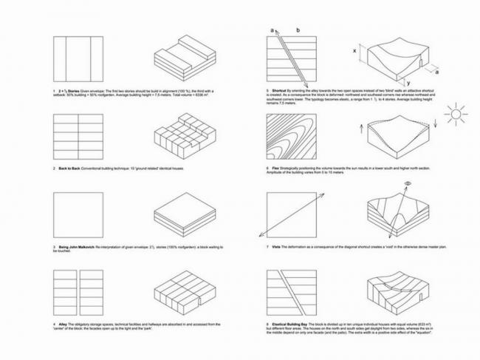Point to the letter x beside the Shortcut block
pos(356,50)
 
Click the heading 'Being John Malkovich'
pos(79,245)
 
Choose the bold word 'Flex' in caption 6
pos(276,169)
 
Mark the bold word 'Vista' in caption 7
pos(277,245)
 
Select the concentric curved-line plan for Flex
pos(289,137)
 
